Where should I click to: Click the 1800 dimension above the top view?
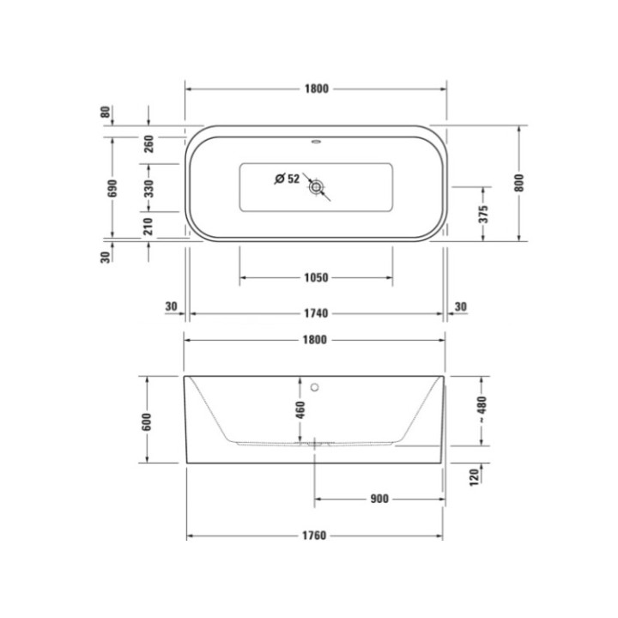(316, 89)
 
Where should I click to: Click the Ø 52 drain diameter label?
(287, 179)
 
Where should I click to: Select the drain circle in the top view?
(318, 186)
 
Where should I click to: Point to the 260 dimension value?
(149, 143)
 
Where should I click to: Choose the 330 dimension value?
(149, 189)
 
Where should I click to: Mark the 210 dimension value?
(149, 227)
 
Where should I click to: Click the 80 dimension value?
(106, 112)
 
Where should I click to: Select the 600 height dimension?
(147, 421)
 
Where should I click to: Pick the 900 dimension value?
(380, 499)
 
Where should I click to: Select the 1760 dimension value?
(315, 536)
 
